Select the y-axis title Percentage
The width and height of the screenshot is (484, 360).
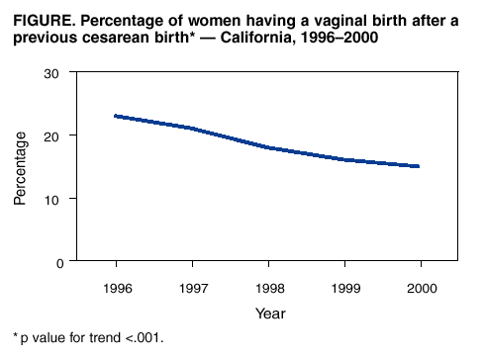tap(21, 167)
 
